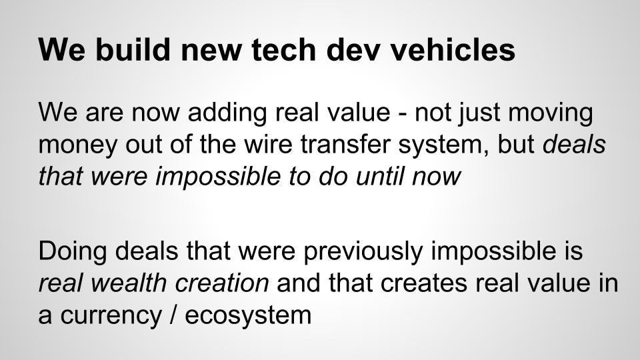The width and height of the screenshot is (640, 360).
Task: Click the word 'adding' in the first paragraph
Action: [x=227, y=113]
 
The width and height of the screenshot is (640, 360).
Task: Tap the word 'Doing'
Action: [x=73, y=251]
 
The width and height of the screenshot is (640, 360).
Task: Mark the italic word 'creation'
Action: [x=221, y=283]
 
